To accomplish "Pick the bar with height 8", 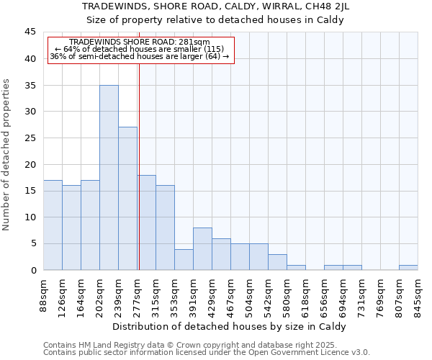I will tap(202, 249).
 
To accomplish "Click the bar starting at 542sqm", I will tap(277, 262).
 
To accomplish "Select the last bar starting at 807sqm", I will tap(408, 267).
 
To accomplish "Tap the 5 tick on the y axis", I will tap(32, 243).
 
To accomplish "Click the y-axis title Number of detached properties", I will tap(7, 155).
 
